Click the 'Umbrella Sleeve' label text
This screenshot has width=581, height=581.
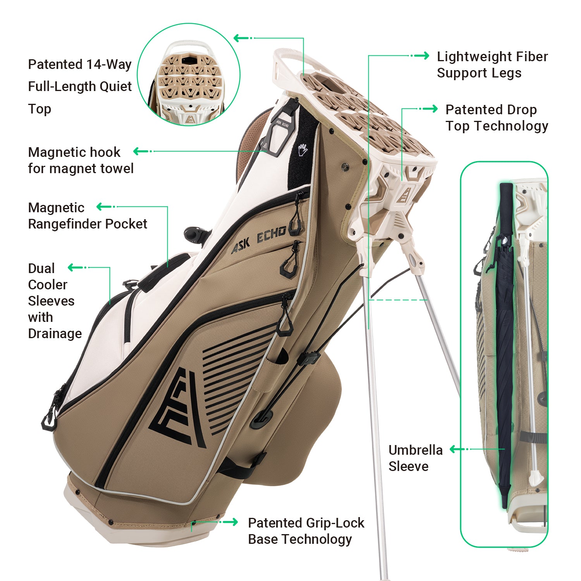pos(415,458)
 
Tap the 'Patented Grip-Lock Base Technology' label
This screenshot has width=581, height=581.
pos(306,531)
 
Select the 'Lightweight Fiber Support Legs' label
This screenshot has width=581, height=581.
pos(492,65)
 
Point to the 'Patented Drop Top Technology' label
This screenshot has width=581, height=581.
pos(497,118)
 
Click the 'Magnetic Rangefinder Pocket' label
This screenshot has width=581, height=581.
pos(87,216)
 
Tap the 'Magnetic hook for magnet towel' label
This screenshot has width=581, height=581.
pos(81,160)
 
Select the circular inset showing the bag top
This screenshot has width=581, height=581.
pos(189,74)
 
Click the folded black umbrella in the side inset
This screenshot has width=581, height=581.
pos(505,349)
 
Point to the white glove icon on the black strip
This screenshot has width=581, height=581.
pos(303,150)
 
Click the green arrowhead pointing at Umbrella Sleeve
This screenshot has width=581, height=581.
pos(454,449)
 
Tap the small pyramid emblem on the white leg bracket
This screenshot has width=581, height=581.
pos(403,195)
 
